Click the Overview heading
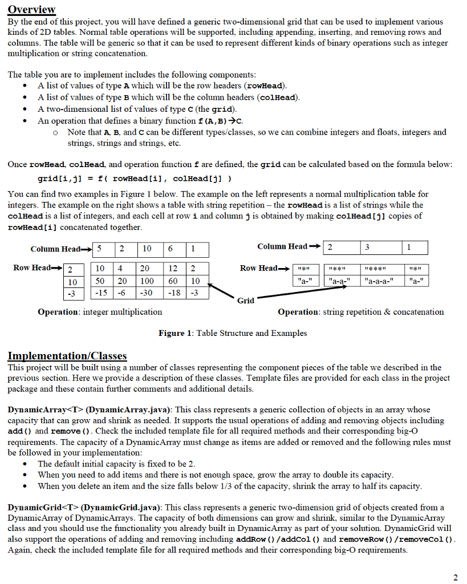[31, 9]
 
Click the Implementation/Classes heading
[67, 356]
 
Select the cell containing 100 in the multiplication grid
[147, 281]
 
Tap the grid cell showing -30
[147, 293]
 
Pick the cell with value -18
[173, 293]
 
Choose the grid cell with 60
[173, 281]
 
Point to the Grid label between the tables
[245, 300]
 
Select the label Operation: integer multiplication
[100, 312]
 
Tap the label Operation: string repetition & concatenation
[360, 312]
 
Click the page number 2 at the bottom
[454, 577]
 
